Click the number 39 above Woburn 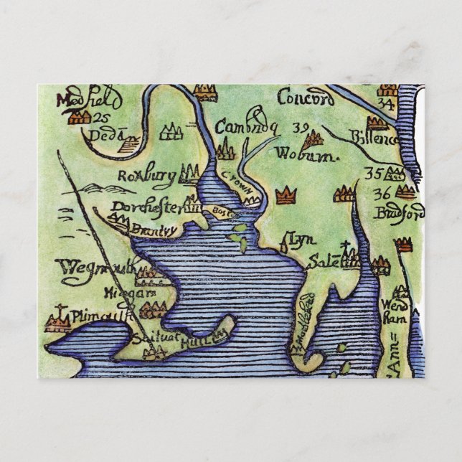point(301,128)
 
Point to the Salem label point(324,262)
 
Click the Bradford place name point(400,213)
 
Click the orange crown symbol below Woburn point(286,194)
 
